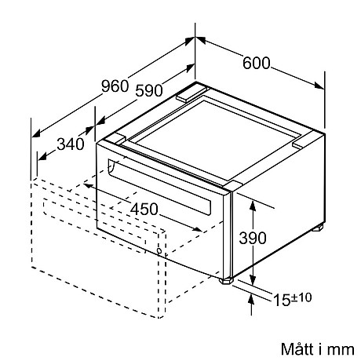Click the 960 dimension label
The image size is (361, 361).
click(115, 86)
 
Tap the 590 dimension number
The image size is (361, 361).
click(149, 90)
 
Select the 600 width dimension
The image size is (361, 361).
click(256, 63)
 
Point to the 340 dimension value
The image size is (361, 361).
click(71, 144)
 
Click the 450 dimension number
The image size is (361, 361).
click(144, 209)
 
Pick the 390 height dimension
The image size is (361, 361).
click(253, 238)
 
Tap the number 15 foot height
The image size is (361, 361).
click(282, 300)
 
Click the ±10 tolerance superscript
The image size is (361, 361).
click(301, 297)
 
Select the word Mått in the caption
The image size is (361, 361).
click(297, 349)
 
